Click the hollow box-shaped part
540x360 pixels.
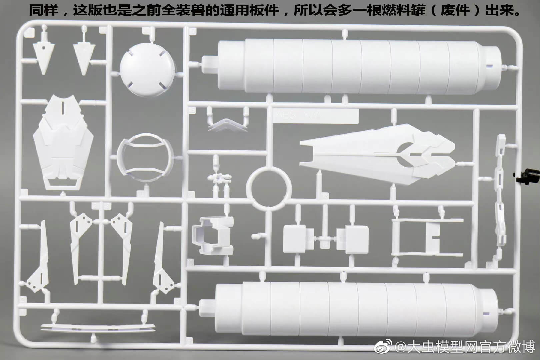click(x=213, y=235)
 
